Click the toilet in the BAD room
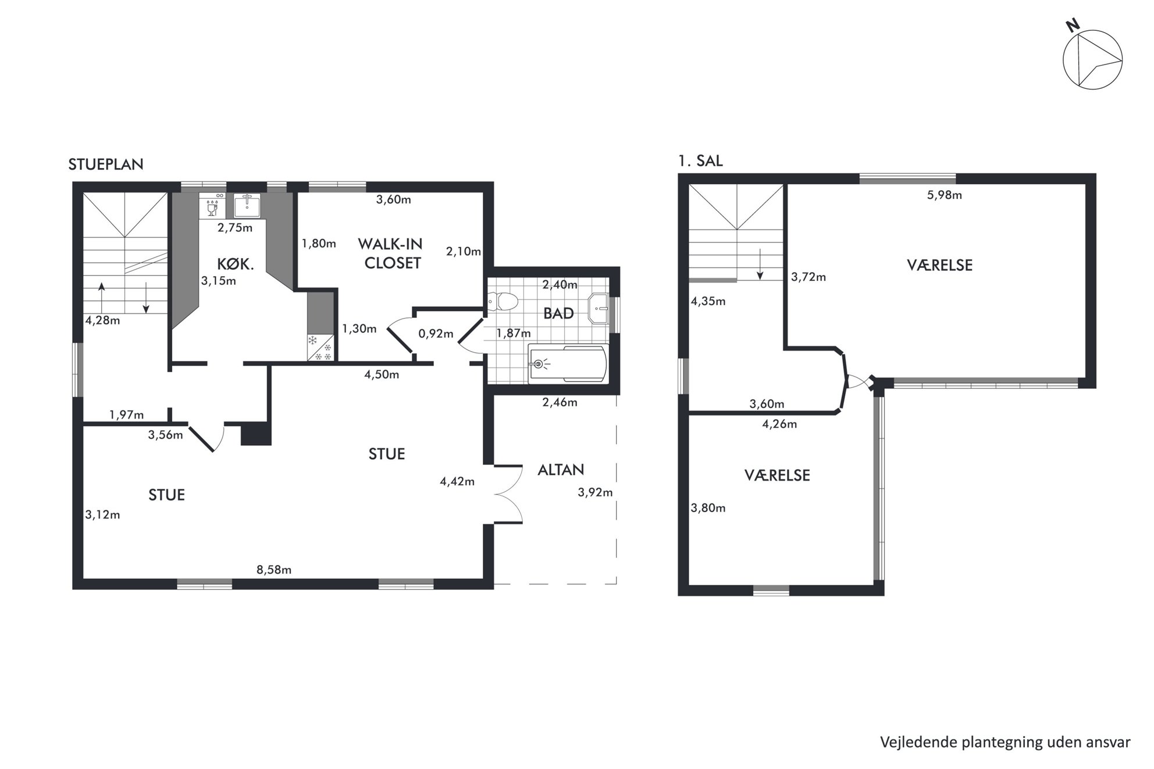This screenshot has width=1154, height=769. [x=503, y=302]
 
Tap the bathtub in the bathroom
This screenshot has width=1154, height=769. [x=568, y=364]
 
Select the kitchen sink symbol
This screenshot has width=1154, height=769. [x=247, y=205]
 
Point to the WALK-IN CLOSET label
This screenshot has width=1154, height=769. [x=391, y=253]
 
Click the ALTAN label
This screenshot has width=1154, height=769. [x=561, y=470]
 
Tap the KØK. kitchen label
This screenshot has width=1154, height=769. [x=236, y=264]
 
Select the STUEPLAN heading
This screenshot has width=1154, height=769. [x=106, y=164]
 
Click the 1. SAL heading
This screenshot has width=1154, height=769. [x=700, y=161]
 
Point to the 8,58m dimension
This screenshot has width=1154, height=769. [x=274, y=570]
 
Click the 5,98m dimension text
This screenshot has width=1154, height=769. [x=945, y=195]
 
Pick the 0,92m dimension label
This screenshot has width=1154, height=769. [x=436, y=334]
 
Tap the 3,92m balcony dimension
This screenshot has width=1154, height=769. [x=595, y=493]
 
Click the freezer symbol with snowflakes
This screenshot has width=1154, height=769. [x=320, y=348]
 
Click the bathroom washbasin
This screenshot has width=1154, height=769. [x=599, y=309]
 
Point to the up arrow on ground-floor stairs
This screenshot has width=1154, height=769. [x=102, y=298]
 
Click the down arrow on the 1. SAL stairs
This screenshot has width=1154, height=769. [x=760, y=265]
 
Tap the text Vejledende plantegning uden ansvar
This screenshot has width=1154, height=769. [x=1005, y=743]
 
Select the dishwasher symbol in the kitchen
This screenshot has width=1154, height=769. [x=212, y=205]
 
